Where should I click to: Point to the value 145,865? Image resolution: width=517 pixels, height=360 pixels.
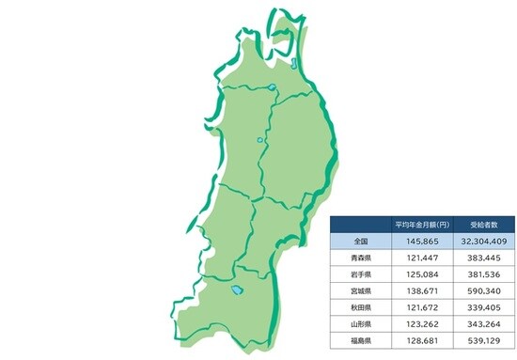coord(414,242)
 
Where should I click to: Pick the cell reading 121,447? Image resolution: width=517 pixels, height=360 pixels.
coord(414,258)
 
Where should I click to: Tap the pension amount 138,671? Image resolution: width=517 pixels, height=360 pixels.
coord(414,291)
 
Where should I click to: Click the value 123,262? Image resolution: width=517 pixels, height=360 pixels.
coord(414,324)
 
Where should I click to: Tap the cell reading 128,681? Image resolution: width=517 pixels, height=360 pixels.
coord(414,340)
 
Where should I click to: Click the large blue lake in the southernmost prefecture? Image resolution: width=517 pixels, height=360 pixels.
coord(237,291)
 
